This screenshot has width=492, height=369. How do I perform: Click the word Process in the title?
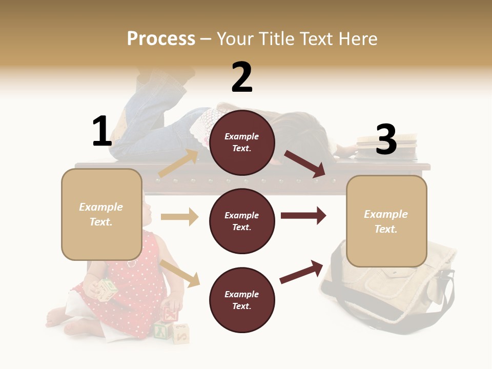tap(161, 39)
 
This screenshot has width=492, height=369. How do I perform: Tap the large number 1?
tap(102, 131)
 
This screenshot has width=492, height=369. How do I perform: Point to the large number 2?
tap(242, 77)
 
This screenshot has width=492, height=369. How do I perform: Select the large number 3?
tap(386, 139)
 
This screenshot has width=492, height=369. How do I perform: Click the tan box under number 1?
tap(101, 214)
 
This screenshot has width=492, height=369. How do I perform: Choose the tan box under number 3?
tap(386, 221)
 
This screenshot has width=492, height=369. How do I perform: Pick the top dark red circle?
tap(242, 142)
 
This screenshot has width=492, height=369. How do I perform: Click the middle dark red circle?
tap(242, 221)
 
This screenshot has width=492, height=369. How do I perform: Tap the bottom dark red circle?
tap(242, 300)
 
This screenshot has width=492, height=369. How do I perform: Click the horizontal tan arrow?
tap(179, 217)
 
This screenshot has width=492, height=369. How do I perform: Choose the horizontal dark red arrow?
tap(303, 215)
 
